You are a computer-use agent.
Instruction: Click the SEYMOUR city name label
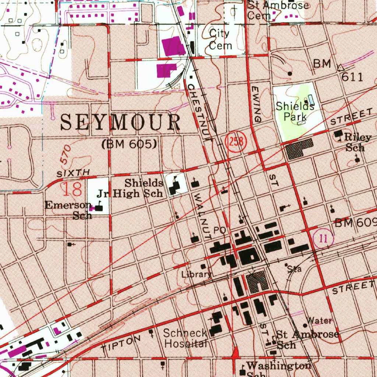(x=120, y=123)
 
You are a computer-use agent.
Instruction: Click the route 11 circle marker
(x=323, y=239)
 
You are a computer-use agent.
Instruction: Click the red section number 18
(x=72, y=189)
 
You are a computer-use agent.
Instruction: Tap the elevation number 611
(x=352, y=77)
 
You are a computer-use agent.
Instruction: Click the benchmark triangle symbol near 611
(x=341, y=67)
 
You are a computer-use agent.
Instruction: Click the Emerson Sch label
(x=68, y=210)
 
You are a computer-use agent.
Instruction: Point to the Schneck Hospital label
(x=185, y=338)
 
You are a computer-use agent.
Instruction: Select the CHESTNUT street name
(x=200, y=112)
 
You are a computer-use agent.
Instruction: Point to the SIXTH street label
(x=73, y=172)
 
